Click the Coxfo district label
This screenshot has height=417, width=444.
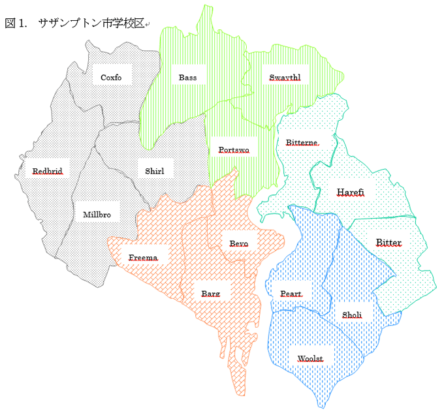tap(111, 78)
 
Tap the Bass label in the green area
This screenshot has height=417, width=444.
tap(187, 78)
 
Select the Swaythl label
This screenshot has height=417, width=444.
tap(285, 78)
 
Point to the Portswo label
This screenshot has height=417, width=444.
tap(234, 149)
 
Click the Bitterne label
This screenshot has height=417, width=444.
tap(302, 142)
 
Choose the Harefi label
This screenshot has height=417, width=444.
tap(351, 192)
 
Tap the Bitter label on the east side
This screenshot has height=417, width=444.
tap(388, 243)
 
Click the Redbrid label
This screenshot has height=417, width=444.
tap(48, 172)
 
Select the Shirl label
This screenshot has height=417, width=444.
tap(155, 172)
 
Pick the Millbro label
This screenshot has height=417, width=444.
tap(97, 214)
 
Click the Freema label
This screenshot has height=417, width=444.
tap(143, 257)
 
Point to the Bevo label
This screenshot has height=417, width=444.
tap(238, 243)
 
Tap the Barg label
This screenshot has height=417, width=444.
tap(210, 294)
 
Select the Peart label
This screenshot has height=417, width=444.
tap(291, 294)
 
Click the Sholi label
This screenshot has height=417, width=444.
tap(352, 315)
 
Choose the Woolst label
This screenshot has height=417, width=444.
tap(310, 358)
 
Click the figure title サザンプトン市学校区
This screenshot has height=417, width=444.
tap(91, 23)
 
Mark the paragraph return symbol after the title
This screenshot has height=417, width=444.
tap(148, 25)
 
